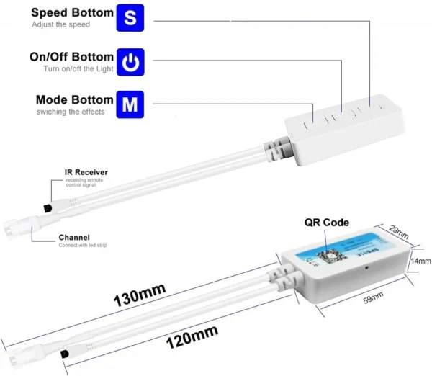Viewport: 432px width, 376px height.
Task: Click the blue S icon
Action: tap(130, 19)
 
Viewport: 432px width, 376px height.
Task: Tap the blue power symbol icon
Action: tap(130, 63)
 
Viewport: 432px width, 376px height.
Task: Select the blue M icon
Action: tap(130, 105)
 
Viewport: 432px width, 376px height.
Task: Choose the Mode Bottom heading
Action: tap(75, 99)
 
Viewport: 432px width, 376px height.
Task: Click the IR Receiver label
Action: tap(86, 172)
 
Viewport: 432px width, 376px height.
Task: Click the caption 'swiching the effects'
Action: tap(71, 112)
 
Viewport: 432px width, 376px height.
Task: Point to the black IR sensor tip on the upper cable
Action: tap(47, 206)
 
